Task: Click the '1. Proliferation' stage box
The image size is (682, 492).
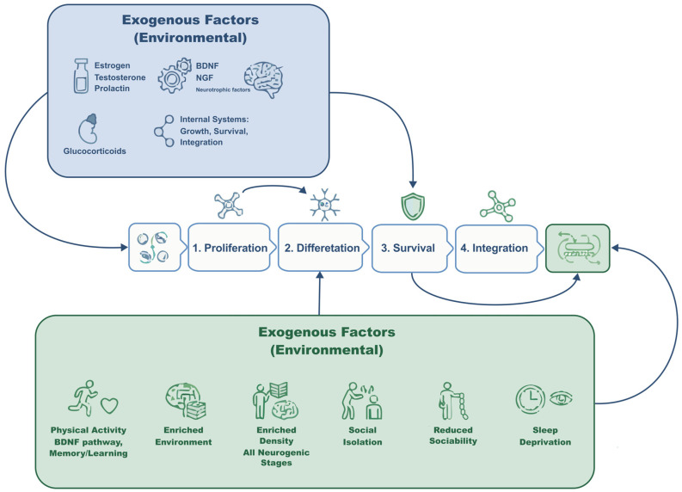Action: coord(231,248)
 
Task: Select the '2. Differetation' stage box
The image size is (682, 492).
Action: coord(323,248)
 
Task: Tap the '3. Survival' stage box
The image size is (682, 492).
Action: coord(409,249)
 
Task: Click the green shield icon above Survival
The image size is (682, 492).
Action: coord(412,206)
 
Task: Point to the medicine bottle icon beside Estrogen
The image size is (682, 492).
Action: coord(81,77)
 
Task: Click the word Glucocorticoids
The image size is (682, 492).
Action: coord(95,151)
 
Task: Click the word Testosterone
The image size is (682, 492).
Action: coord(120,77)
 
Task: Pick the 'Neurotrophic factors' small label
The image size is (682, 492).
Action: coord(223,90)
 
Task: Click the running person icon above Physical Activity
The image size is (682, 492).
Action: coord(83,397)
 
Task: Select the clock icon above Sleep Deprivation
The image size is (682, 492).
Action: coord(530,398)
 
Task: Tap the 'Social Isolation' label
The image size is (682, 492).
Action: coord(362,436)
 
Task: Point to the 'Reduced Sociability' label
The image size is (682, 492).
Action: coord(452,435)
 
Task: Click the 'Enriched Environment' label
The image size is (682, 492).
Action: coord(183,436)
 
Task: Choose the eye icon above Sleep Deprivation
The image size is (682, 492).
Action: coord(561,398)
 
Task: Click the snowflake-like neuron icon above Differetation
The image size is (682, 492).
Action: coord(324,205)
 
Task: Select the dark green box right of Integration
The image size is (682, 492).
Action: coord(578,249)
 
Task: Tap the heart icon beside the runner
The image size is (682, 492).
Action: coord(109,405)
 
